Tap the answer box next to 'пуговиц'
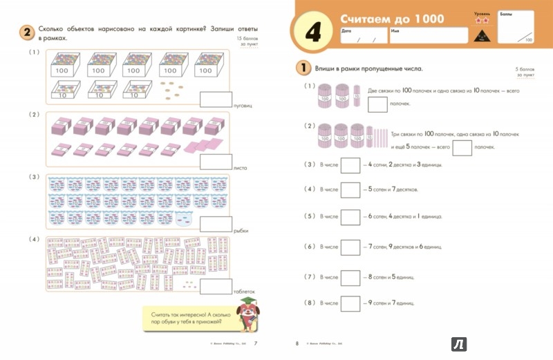click(x=215, y=100)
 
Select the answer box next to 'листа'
click(x=215, y=162)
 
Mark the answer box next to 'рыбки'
click(x=215, y=224)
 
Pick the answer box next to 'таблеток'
click(x=215, y=285)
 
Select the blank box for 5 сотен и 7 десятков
click(x=352, y=189)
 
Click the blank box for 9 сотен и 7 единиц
click(x=352, y=302)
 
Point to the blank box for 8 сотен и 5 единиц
click(x=352, y=276)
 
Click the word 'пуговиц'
click(x=245, y=106)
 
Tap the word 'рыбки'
click(x=241, y=231)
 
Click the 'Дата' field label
click(x=346, y=30)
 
